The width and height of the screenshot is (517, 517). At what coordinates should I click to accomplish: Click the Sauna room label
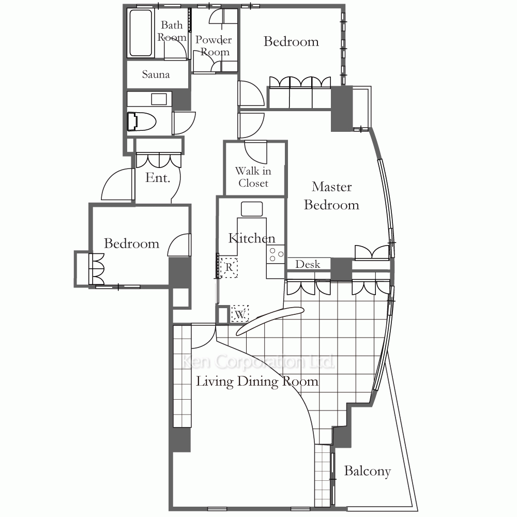tap(156, 74)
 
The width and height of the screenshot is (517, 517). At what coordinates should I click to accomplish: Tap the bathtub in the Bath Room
tap(141, 33)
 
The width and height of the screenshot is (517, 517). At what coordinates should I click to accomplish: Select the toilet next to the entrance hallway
tap(142, 121)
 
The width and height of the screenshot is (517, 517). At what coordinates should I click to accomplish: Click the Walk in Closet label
tap(253, 177)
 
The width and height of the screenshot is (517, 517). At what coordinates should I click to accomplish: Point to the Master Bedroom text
tap(331, 195)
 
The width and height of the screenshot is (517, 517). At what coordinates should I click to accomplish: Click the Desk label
tap(308, 264)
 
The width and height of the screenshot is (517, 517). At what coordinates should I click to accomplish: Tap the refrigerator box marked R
tap(229, 267)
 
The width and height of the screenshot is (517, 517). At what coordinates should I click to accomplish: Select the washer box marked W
tap(240, 314)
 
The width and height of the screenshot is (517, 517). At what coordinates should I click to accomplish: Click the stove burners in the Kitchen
tap(276, 254)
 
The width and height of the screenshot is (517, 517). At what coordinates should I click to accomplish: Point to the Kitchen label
tap(252, 238)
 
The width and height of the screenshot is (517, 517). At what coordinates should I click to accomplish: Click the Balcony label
tap(367, 471)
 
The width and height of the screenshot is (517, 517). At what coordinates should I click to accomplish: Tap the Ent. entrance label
tap(158, 178)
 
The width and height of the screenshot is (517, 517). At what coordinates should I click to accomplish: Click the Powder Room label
tap(214, 45)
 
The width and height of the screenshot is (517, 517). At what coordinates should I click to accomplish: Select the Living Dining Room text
tap(257, 382)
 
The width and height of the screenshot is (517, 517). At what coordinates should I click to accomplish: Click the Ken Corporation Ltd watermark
tap(258, 362)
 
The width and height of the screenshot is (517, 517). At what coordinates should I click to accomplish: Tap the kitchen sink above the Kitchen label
tap(252, 209)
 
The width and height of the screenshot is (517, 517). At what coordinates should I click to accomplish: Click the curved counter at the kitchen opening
tap(270, 321)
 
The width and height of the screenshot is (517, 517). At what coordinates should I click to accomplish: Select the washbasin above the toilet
tap(159, 99)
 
